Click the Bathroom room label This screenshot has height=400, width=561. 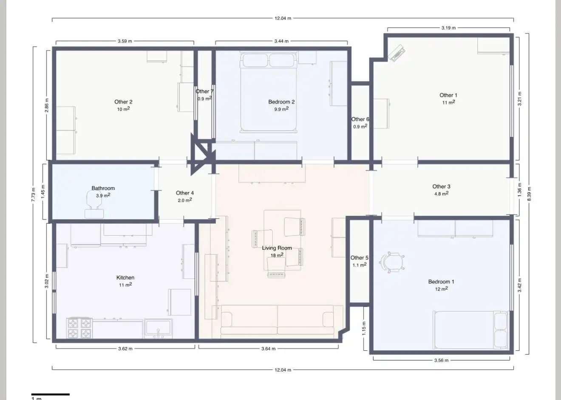point(103,188)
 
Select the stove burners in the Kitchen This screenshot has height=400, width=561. point(79,328)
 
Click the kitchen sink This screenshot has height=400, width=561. point(158,328)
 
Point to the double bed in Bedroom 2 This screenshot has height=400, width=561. point(268,92)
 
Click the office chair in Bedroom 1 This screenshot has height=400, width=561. point(392,262)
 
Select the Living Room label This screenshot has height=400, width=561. point(277,248)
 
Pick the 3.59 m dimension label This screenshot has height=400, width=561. point(125,41)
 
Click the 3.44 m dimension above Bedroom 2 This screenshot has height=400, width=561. point(281,41)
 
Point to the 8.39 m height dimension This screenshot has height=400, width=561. point(529,194)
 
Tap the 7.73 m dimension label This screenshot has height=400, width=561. point(33,194)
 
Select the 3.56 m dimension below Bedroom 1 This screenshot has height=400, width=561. point(441,360)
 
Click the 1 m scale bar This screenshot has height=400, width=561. point(50,394)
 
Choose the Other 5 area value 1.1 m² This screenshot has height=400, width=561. point(360,265)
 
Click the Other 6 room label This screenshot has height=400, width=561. point(360,119)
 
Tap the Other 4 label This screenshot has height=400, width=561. point(185,193)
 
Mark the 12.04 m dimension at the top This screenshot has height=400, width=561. point(283,18)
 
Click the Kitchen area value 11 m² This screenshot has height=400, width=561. point(125,285)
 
